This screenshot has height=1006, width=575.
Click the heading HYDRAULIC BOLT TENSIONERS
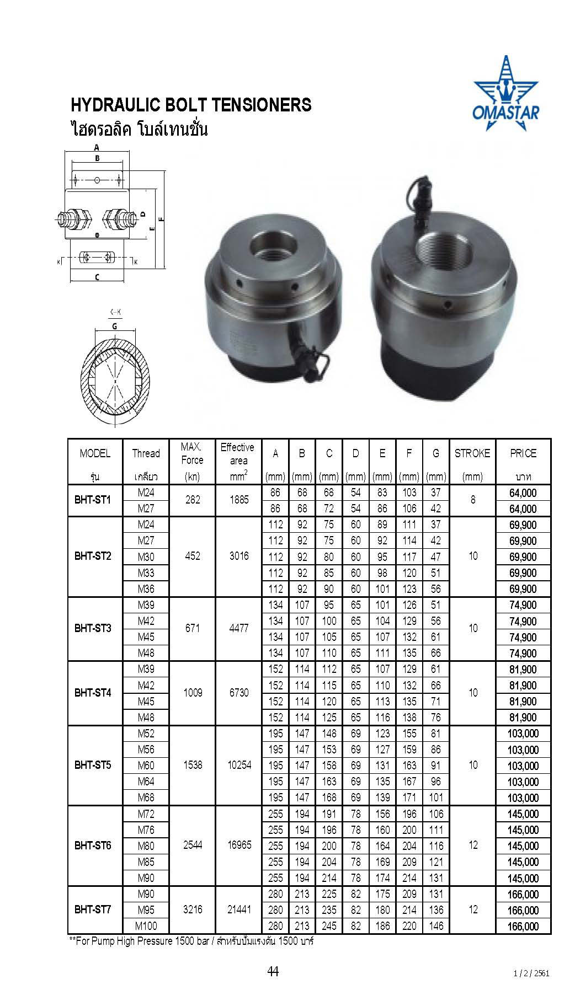[191, 105]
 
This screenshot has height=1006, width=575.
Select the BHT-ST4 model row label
[93, 693]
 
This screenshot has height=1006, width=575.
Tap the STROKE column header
[472, 453]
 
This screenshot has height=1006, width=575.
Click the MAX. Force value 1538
[193, 765]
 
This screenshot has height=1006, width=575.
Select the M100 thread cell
[146, 925]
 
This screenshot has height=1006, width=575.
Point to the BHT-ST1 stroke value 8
[472, 500]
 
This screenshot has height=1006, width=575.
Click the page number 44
[273, 972]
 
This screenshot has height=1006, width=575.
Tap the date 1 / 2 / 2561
[531, 973]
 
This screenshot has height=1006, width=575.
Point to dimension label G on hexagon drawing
[114, 325]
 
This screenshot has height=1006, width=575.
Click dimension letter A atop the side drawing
[97, 147]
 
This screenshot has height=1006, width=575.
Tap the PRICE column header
[523, 453]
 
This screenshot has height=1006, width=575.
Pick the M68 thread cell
[146, 797]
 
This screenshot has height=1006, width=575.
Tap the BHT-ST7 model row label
[93, 909]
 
